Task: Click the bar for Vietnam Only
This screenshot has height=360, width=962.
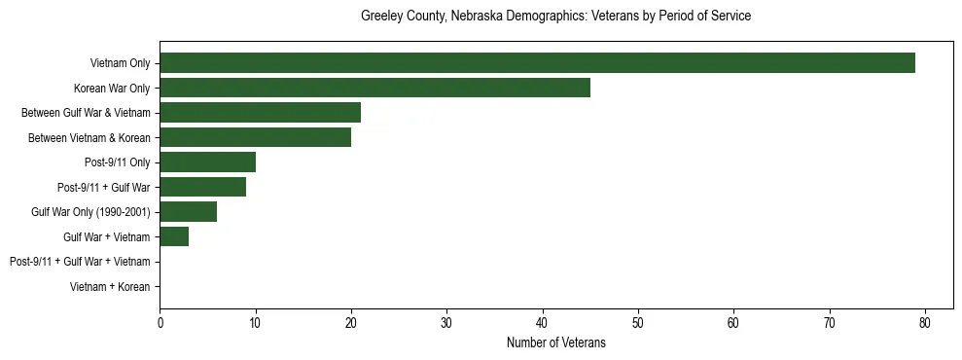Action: tap(537, 63)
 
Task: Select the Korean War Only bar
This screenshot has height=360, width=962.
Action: tap(374, 88)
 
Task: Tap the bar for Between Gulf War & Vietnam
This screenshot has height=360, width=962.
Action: tap(260, 113)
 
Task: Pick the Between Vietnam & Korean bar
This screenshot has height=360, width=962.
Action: tap(255, 137)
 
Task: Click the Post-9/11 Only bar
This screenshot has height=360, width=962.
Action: tap(207, 162)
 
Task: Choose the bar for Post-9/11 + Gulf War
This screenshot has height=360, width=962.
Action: tap(202, 187)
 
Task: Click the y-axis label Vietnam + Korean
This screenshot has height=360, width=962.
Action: tap(110, 287)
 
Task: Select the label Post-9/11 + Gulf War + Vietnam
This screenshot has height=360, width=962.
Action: tap(80, 262)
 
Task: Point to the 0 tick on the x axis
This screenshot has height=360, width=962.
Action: tap(160, 322)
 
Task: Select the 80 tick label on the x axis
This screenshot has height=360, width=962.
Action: tap(925, 322)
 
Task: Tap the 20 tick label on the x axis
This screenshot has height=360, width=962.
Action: tap(351, 322)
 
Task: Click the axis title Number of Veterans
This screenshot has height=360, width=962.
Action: tap(555, 342)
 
